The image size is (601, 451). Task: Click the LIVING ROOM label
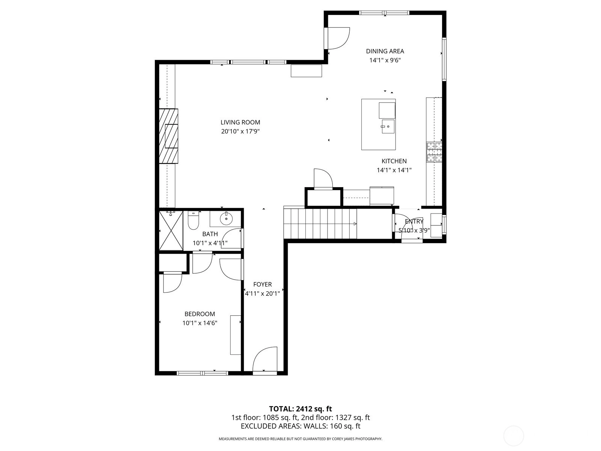(240, 123)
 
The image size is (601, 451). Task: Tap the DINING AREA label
(385, 51)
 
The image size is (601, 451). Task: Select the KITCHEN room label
(394, 161)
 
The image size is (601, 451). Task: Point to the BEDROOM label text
(199, 314)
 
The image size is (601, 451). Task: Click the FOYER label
(262, 284)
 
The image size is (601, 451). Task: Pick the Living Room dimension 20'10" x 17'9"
(240, 132)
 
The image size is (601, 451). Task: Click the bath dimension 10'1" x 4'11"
(210, 243)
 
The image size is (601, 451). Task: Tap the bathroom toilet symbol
(193, 221)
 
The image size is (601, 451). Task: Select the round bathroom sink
(226, 218)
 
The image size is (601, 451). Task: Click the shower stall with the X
(171, 230)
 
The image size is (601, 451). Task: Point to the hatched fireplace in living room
(168, 136)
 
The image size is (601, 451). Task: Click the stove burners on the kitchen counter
(434, 152)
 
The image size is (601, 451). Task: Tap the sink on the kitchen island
(388, 126)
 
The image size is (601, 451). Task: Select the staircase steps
(320, 224)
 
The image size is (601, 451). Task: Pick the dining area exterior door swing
(339, 38)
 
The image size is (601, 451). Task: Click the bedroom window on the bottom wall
(202, 373)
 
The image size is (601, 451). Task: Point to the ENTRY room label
(414, 221)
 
